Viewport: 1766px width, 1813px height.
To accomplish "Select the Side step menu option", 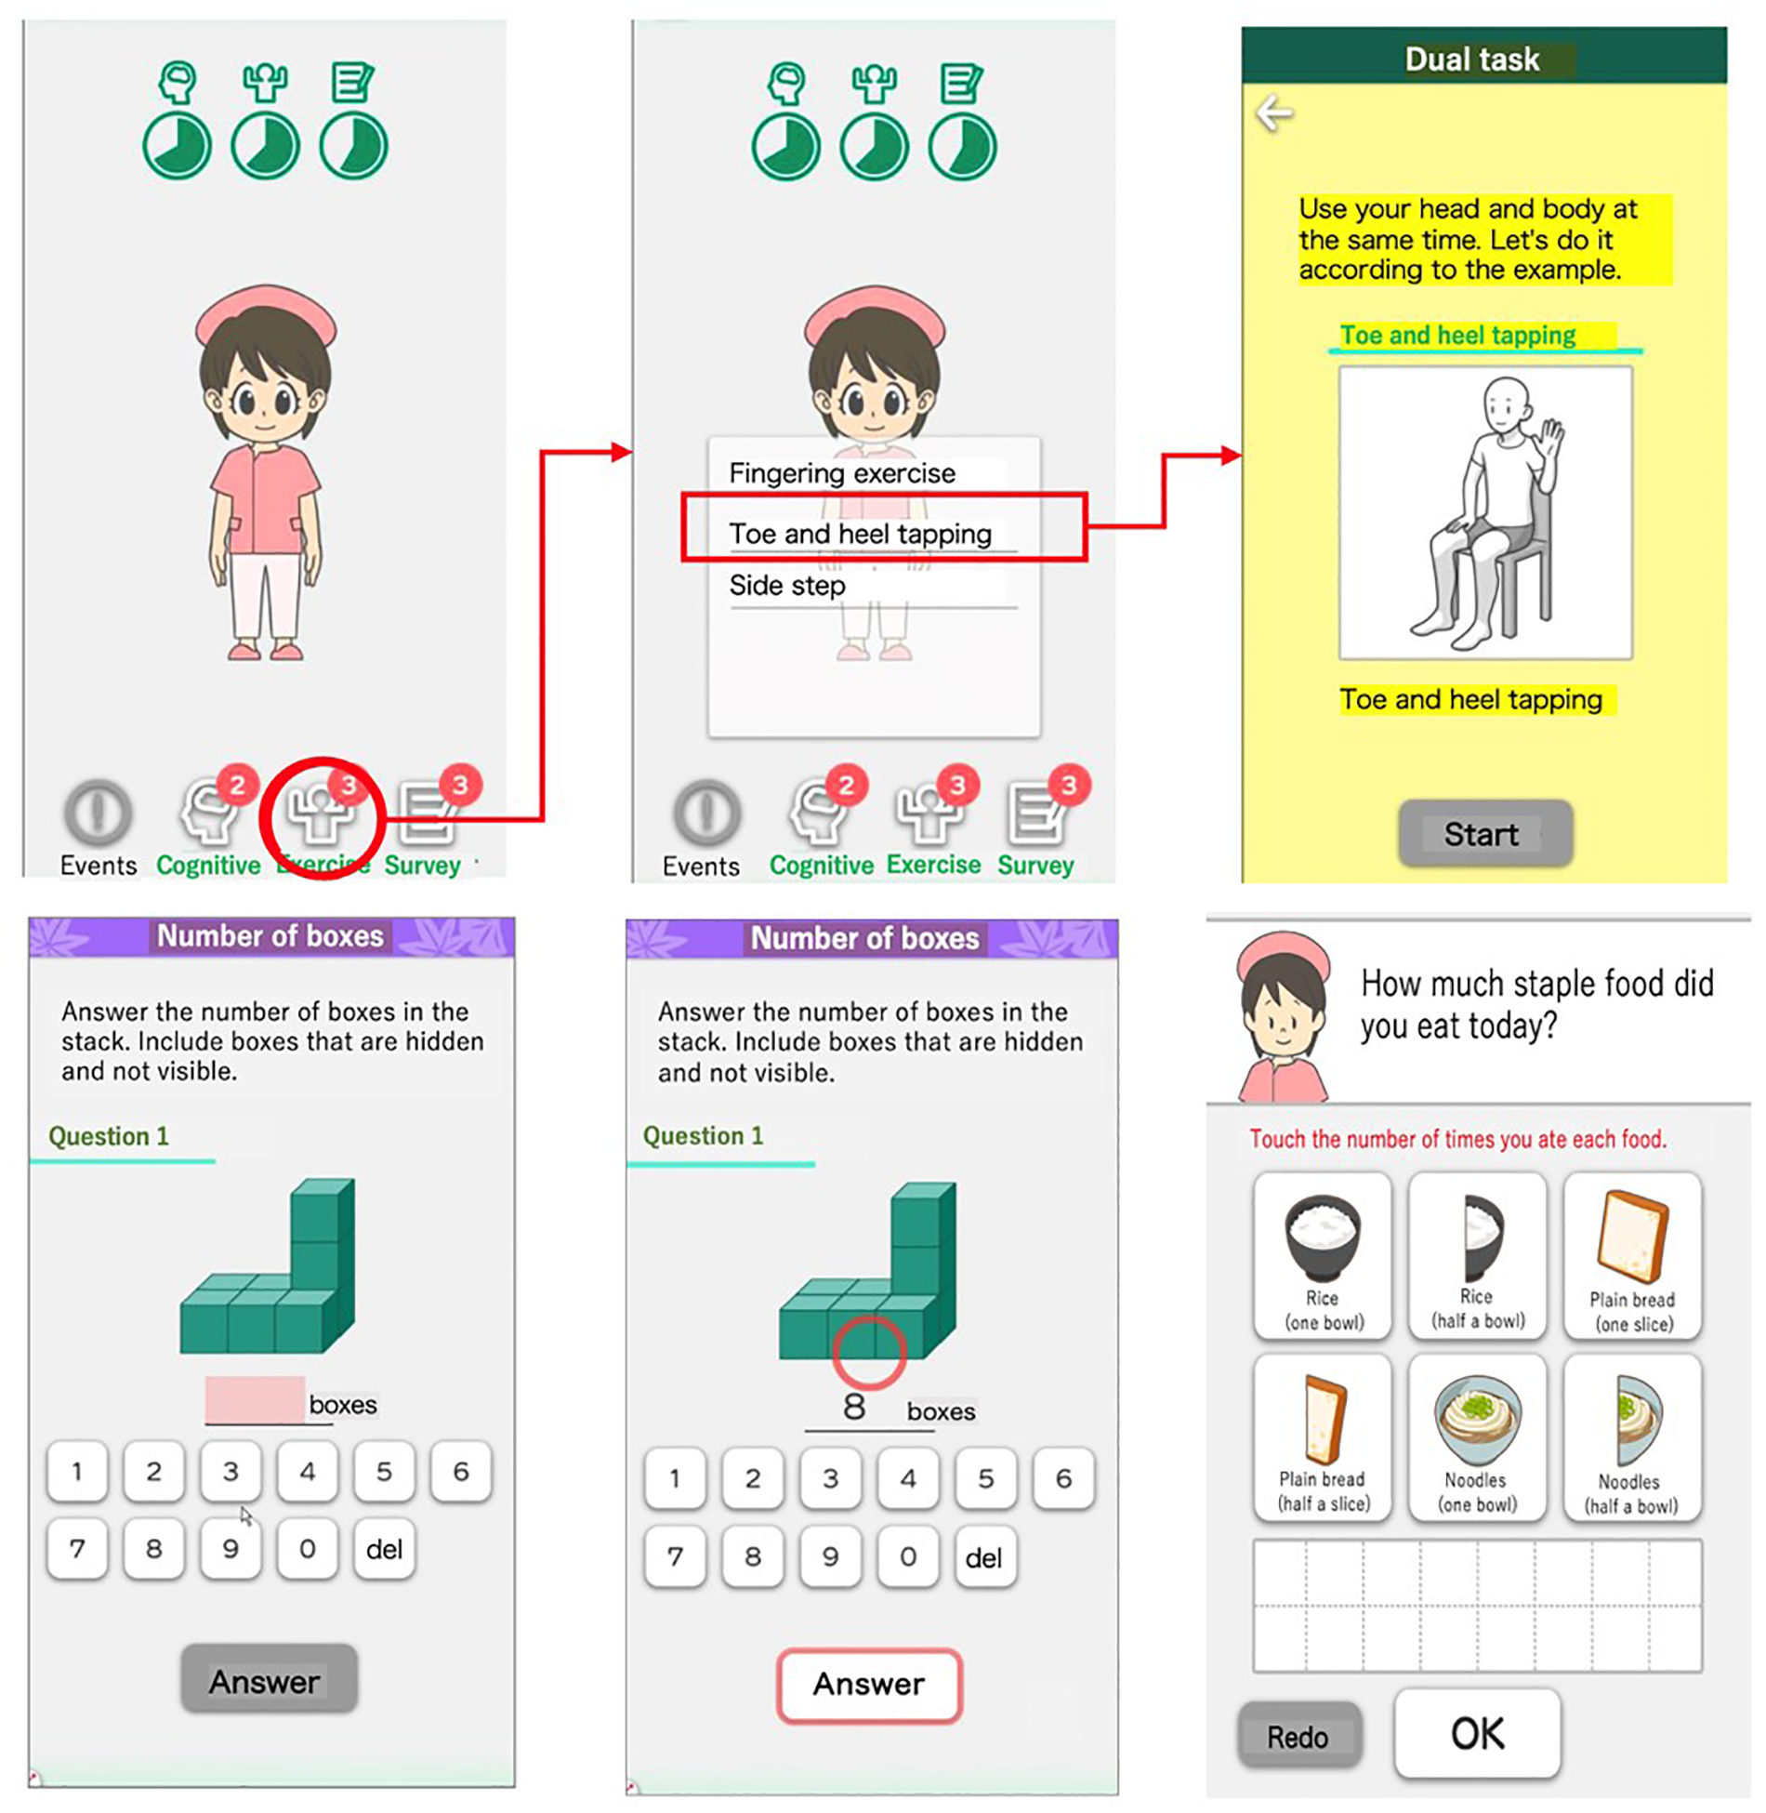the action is click(x=787, y=585).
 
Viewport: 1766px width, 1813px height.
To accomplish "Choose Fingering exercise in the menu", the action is click(x=841, y=473).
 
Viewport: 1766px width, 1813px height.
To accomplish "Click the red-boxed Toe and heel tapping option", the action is click(x=883, y=527).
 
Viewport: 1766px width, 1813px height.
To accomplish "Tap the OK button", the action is click(x=1476, y=1733).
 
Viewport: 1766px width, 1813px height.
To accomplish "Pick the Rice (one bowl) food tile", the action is click(x=1322, y=1255).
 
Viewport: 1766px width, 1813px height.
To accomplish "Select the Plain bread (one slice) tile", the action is click(x=1631, y=1255).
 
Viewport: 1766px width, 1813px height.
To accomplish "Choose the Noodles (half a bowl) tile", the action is click(x=1631, y=1437).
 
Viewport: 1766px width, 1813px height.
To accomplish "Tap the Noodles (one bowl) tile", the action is click(x=1476, y=1437).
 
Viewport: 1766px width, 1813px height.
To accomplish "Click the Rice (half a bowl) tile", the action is click(x=1476, y=1255).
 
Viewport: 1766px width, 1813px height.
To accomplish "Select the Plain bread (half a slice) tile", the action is click(x=1322, y=1437).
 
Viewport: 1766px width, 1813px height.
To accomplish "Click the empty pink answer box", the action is click(x=255, y=1399).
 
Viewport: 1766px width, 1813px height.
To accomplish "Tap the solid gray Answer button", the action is click(x=269, y=1678).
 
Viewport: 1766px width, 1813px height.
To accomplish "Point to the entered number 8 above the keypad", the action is click(x=854, y=1407).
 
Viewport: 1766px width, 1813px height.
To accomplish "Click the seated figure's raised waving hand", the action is click(x=1550, y=441).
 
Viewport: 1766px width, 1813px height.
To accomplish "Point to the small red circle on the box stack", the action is click(x=869, y=1352).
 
